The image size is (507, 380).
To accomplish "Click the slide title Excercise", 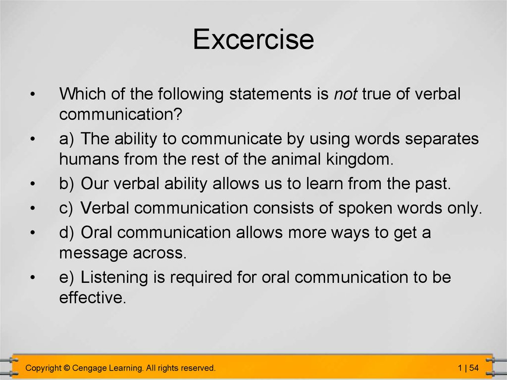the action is [253, 39].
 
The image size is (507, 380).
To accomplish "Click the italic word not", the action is [345, 94].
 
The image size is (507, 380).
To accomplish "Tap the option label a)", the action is [67, 139].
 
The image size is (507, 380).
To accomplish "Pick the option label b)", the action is [67, 183].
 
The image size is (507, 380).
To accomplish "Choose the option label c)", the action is [66, 208].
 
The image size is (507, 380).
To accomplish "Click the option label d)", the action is [67, 232].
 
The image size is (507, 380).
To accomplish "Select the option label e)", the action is [67, 278].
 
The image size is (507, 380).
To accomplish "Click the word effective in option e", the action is [93, 297].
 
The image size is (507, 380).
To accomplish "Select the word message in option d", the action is [94, 253].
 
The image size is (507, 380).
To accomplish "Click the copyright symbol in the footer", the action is [67, 368].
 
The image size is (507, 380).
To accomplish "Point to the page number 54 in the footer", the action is [474, 368].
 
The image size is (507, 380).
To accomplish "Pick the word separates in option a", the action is [442, 139].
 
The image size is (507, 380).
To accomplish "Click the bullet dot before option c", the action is [32, 208].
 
